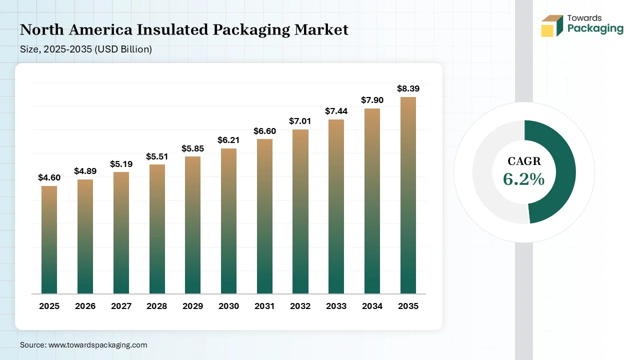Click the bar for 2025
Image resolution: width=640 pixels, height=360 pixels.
tap(49, 239)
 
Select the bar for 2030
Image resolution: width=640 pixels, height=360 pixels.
tap(228, 221)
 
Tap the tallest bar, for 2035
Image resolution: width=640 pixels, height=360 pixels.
tap(408, 195)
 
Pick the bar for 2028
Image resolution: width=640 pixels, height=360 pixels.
tap(157, 229)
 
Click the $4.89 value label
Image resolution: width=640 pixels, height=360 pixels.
tap(85, 171)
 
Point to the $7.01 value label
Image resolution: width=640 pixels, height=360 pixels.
tap(300, 121)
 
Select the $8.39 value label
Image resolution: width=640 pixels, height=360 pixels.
tap(408, 88)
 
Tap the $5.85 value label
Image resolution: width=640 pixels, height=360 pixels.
tap(193, 148)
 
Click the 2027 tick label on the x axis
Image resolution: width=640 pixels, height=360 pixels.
tap(121, 306)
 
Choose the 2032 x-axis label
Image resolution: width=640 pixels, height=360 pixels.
tap(300, 306)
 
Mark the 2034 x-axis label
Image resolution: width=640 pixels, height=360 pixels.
tap(372, 306)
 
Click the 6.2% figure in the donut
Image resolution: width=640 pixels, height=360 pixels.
tap(523, 179)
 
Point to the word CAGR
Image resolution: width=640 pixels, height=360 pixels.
tap(524, 161)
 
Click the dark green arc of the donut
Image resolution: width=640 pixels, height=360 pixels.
tap(565, 171)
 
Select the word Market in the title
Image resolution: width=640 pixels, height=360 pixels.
tap(321, 29)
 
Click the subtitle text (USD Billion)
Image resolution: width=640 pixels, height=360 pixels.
tap(123, 49)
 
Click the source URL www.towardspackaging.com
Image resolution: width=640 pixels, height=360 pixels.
tap(97, 345)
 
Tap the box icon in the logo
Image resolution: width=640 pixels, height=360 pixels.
tap(552, 25)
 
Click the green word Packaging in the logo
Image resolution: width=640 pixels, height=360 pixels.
tap(595, 29)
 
